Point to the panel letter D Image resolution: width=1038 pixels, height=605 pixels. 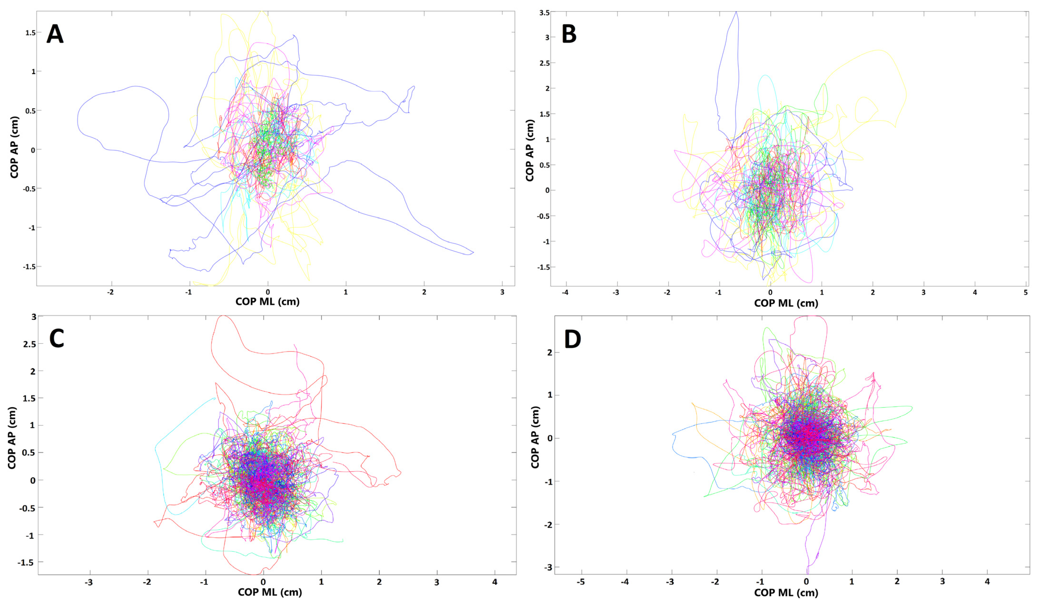point(572,340)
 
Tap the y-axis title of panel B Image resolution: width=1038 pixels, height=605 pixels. point(530,150)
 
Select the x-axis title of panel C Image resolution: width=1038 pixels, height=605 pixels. point(270,592)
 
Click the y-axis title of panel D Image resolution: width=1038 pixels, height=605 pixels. point(535,437)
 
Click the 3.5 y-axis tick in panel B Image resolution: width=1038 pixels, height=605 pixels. point(544,13)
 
